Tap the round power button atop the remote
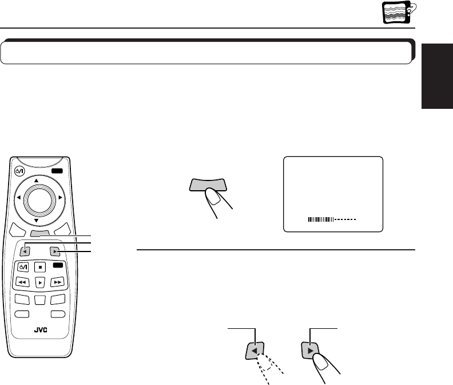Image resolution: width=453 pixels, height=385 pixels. (x=20, y=170)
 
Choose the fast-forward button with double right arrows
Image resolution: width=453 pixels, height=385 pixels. (x=57, y=282)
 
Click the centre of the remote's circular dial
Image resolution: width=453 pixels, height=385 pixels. (x=40, y=198)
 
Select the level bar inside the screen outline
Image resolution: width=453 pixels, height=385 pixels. (x=332, y=219)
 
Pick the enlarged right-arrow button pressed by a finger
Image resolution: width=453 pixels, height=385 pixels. (x=309, y=349)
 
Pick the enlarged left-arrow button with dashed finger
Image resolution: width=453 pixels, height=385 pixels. (x=255, y=349)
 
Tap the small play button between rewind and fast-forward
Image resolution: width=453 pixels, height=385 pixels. (x=40, y=282)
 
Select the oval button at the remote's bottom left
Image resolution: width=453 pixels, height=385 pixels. (x=23, y=313)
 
